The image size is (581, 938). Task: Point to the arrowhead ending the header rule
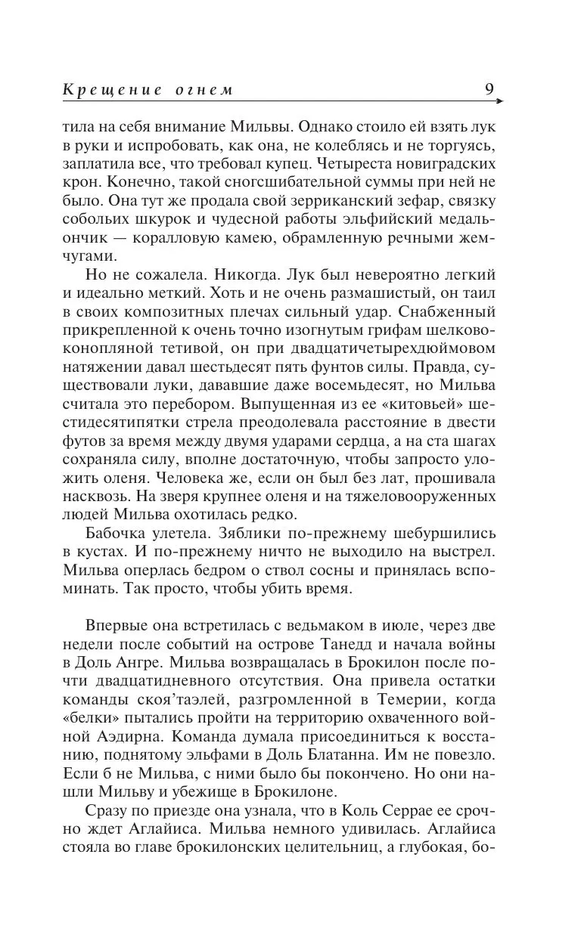501,100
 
